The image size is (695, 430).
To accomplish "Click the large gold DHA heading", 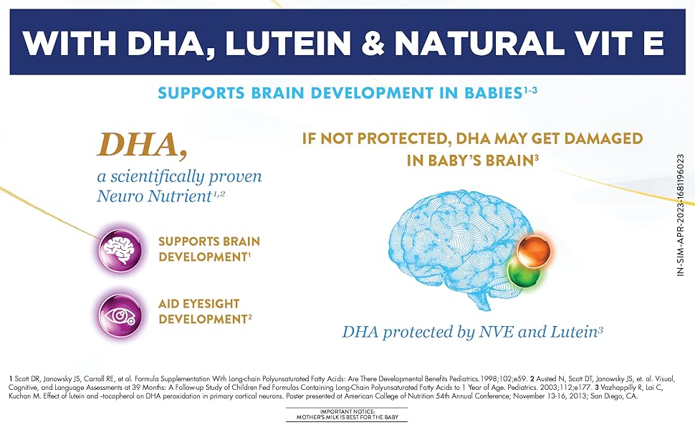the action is [142, 145].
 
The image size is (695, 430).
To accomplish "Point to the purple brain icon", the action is [120, 249].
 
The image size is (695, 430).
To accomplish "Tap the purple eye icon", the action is [120, 315].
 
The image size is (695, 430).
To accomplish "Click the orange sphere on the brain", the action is [534, 250].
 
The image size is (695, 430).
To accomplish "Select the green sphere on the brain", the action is [524, 272].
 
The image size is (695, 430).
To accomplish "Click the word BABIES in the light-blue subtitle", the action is [493, 93].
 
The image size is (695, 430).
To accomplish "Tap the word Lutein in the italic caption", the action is [573, 332].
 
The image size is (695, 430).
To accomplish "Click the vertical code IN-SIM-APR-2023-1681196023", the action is [681, 215].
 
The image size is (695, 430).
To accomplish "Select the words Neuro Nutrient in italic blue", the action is [153, 196].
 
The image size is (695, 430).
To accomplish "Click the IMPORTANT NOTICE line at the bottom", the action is [347, 412].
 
